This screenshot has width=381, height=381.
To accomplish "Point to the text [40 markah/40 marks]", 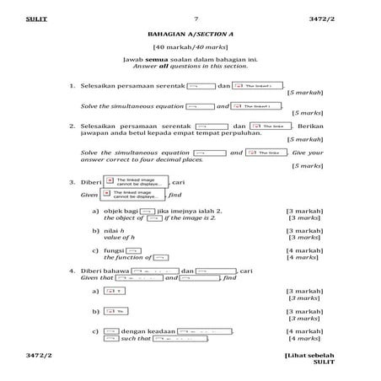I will [x=190, y=49].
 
